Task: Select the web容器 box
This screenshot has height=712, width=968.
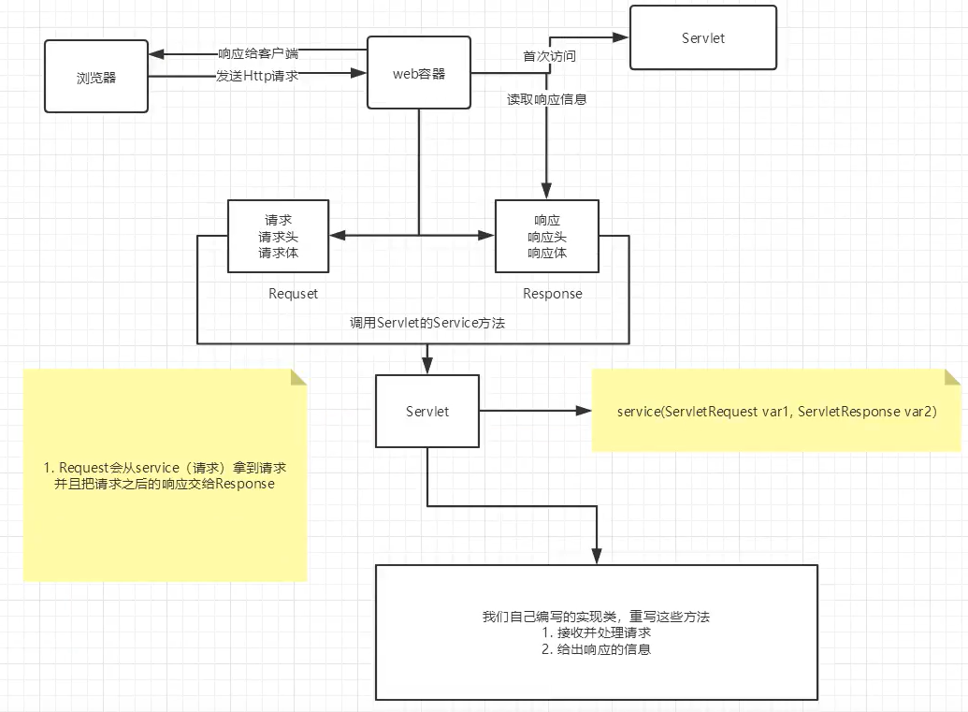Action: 418,73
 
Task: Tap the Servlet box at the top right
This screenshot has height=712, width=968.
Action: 703,38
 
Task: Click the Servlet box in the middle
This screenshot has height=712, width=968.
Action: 427,412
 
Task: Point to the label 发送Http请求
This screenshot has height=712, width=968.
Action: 257,76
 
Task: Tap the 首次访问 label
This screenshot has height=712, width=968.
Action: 549,56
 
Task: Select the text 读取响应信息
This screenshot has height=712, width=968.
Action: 547,99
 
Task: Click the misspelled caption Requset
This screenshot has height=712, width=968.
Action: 293,294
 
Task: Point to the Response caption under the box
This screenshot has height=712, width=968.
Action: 552,294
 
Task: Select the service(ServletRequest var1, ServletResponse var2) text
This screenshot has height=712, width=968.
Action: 776,412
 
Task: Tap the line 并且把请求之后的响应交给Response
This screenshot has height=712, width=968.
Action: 166,484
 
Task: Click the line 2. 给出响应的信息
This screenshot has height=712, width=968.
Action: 596,648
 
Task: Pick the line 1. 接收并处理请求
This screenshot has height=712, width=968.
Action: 596,632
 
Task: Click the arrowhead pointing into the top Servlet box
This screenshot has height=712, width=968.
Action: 622,37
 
